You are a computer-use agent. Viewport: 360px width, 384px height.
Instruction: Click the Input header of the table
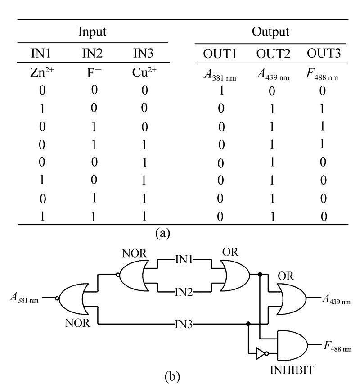click(92, 32)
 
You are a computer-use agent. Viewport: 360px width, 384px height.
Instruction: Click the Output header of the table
click(270, 32)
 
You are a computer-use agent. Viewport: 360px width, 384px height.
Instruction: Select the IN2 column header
click(92, 54)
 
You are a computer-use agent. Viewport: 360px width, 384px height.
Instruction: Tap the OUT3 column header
click(323, 54)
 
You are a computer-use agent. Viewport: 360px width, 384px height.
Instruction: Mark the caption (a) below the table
click(162, 233)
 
